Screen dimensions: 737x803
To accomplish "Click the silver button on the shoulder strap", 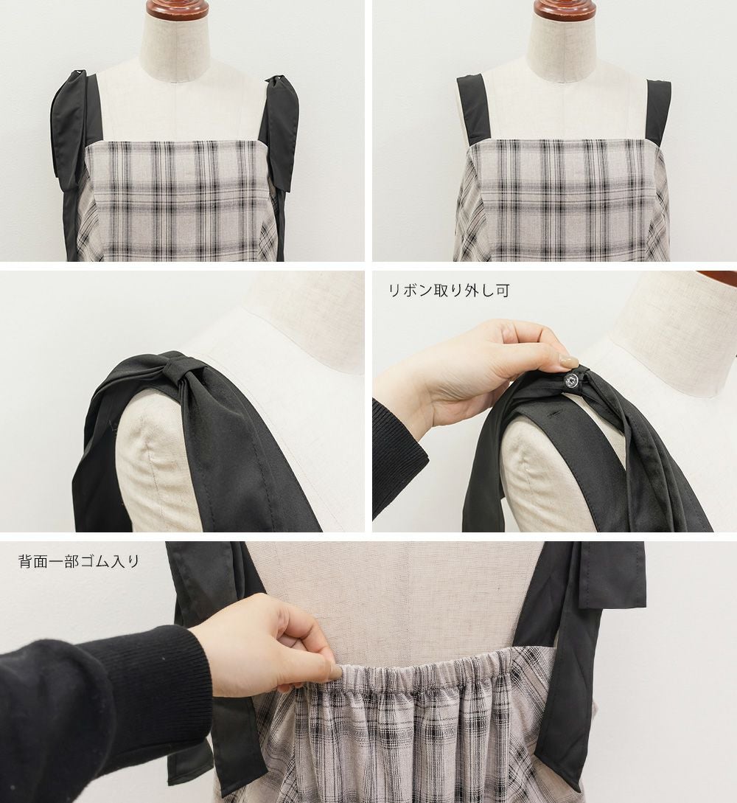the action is (570, 379).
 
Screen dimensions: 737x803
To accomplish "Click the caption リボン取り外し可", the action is (450, 291).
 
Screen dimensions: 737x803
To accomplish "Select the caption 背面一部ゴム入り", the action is (79, 561).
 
